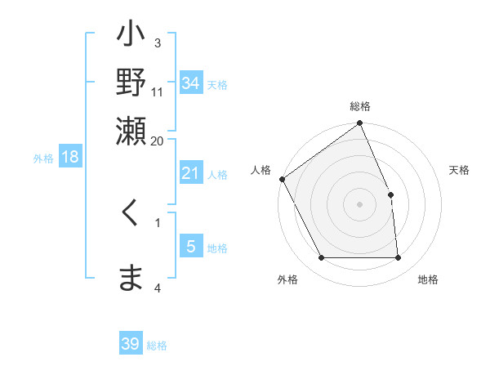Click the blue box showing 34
tap(190, 83)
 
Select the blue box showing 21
tap(190, 173)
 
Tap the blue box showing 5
tap(190, 247)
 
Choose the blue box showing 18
tap(70, 158)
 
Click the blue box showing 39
tap(131, 344)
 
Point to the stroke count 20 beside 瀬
tap(157, 140)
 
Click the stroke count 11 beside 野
tap(158, 92)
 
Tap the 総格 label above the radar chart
tap(360, 106)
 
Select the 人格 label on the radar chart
tap(261, 170)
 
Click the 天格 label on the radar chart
tap(460, 170)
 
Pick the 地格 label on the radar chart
tap(428, 279)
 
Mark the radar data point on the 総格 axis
tap(360, 123)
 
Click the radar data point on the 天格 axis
tap(390, 194)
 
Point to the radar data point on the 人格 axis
tap(282, 179)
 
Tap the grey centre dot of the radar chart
tap(360, 204)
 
